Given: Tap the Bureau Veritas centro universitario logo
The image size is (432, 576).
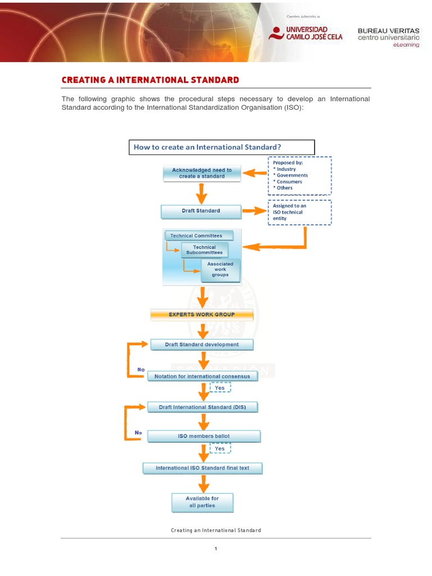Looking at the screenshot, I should coord(388,37).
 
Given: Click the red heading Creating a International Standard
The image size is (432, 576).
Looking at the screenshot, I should coord(150,80).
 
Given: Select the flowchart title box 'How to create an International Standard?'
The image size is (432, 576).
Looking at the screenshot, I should coord(221,147).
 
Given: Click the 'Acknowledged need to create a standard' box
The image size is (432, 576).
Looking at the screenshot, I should coord(202,173).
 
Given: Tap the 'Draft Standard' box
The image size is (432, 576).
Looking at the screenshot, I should coord(201,211).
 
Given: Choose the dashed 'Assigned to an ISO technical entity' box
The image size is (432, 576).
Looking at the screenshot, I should coord(299,213).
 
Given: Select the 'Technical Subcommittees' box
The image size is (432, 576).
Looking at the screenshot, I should coord(205,250).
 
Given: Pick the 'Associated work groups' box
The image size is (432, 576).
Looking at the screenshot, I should coord(220,269).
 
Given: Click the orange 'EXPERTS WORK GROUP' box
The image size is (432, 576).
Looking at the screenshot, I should coord(202,314).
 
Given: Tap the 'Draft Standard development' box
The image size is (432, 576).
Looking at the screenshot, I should coord(201,344).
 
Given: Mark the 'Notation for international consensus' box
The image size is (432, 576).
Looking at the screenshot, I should coord(202,376).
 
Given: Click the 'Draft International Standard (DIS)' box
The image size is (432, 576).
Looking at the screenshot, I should coord(202,407).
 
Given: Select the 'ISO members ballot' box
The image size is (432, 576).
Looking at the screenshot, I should coord(204,436).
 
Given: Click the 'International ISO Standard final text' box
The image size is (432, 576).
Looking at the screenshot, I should coord(202,468).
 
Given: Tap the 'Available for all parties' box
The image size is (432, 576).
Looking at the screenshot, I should coord(202,502).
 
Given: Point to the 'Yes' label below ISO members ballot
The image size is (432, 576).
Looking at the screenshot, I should coord(220,448).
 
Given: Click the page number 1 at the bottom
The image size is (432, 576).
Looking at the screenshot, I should coord(216,549).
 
